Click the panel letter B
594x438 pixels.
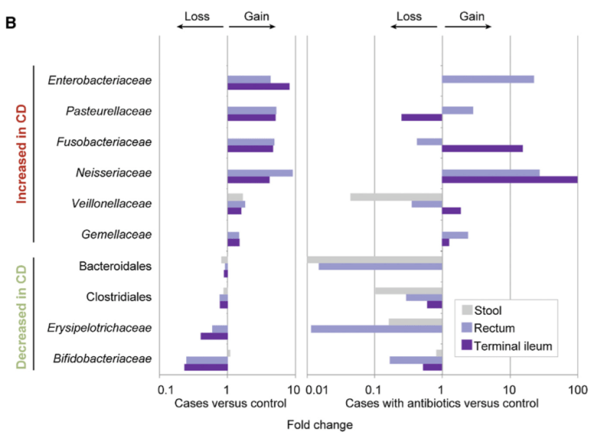point(11,22)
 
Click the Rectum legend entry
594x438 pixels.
point(494,328)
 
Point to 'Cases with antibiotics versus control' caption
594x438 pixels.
point(442,403)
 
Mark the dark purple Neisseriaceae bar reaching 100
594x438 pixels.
point(509,180)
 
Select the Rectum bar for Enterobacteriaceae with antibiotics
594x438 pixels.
point(488,80)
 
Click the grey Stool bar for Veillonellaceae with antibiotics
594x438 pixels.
point(396,197)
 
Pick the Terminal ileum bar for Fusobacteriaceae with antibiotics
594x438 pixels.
point(482,149)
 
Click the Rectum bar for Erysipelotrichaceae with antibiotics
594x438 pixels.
point(376,328)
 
